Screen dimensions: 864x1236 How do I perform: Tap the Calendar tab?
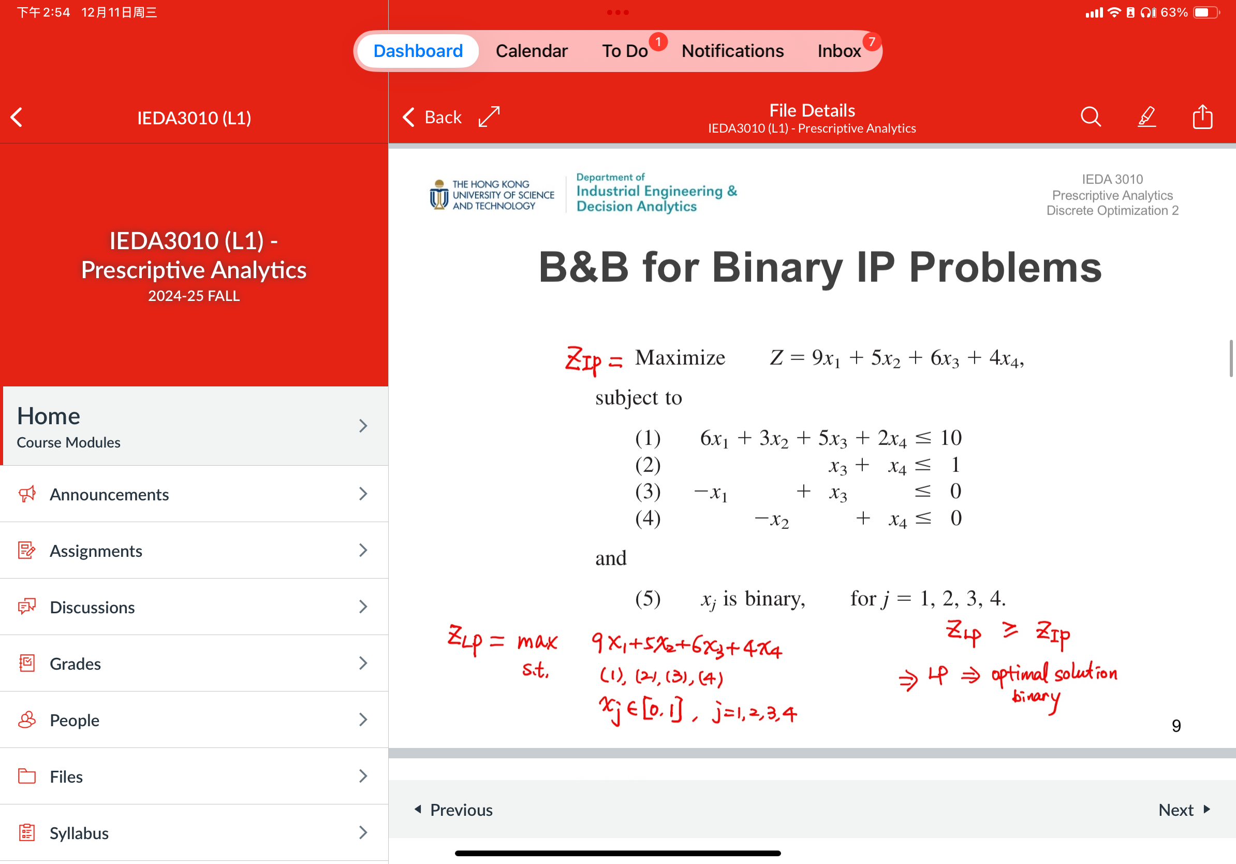click(x=532, y=51)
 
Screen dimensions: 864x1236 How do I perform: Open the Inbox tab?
click(x=838, y=51)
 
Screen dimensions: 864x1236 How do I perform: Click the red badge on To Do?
click(x=658, y=41)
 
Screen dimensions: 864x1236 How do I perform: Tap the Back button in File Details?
click(x=432, y=117)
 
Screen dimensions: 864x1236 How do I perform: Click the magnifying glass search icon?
click(x=1090, y=117)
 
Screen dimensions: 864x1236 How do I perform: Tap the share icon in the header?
click(x=1202, y=117)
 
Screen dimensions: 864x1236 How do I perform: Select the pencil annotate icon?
click(x=1146, y=117)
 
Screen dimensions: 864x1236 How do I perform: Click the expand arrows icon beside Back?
click(x=489, y=117)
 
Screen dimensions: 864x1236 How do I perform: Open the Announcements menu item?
click(x=109, y=494)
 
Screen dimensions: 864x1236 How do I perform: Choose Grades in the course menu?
click(x=76, y=663)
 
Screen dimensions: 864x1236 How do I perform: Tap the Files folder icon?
click(x=27, y=775)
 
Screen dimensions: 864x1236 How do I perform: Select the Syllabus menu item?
click(x=79, y=833)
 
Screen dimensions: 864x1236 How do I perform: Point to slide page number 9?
click(x=1176, y=726)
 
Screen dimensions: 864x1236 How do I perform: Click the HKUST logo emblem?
click(x=439, y=195)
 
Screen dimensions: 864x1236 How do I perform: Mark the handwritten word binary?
click(x=1035, y=697)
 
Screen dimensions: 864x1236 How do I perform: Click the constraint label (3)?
click(x=648, y=491)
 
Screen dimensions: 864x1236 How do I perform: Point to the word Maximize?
click(x=680, y=357)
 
